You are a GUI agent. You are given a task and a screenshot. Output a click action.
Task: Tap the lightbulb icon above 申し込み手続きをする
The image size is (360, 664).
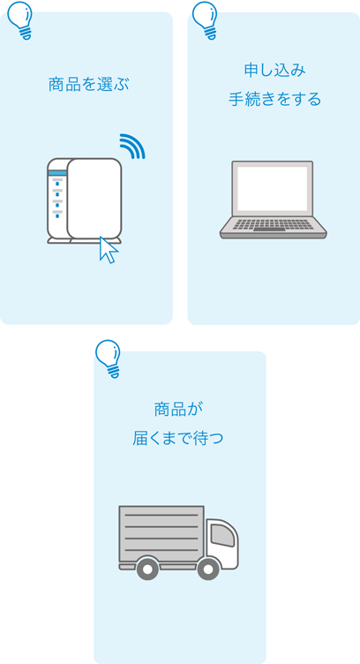pos(205,19)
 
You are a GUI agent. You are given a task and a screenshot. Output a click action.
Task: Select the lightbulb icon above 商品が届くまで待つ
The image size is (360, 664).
pos(109,358)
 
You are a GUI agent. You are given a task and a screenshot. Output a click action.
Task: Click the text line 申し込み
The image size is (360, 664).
pos(274,70)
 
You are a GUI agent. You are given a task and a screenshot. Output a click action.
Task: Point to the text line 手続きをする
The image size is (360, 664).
pos(274,99)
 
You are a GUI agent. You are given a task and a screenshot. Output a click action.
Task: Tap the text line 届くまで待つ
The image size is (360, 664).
pos(178,437)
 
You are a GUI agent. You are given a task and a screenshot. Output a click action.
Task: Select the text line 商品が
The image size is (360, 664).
pos(178,409)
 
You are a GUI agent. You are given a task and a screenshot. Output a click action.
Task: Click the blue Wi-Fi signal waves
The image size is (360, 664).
pos(132,146)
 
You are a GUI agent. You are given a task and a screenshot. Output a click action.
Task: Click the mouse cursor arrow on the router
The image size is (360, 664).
pos(109,250)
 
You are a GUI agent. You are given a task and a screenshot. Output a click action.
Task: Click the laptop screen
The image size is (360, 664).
pos(273,188)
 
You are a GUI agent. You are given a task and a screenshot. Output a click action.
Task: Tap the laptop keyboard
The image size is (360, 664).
pos(273,223)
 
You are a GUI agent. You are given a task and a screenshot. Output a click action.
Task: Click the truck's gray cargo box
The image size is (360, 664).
pos(161,532)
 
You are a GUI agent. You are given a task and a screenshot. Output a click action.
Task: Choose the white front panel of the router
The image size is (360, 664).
pos(94,199)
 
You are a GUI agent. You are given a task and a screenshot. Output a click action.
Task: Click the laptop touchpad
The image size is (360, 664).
pos(273,233)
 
